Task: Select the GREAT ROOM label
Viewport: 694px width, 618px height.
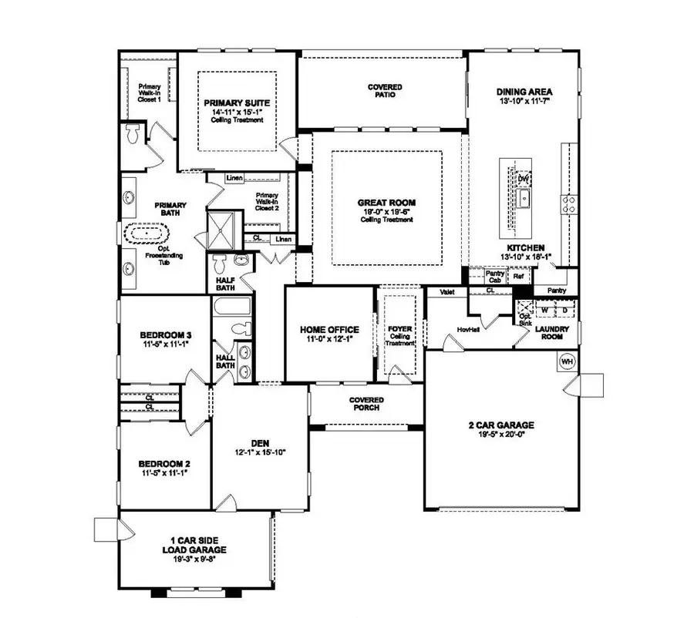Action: (x=386, y=203)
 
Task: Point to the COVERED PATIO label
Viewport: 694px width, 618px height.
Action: (x=384, y=91)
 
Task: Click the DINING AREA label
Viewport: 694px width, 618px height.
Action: (x=524, y=92)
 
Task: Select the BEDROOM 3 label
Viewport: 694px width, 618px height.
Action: (x=165, y=335)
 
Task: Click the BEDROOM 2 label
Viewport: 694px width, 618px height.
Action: (x=164, y=464)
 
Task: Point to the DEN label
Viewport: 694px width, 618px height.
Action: (x=260, y=443)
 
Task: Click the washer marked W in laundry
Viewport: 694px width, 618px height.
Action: (x=544, y=311)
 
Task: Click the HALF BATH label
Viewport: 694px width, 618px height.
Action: (x=224, y=283)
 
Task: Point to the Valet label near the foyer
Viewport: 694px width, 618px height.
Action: (x=446, y=293)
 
